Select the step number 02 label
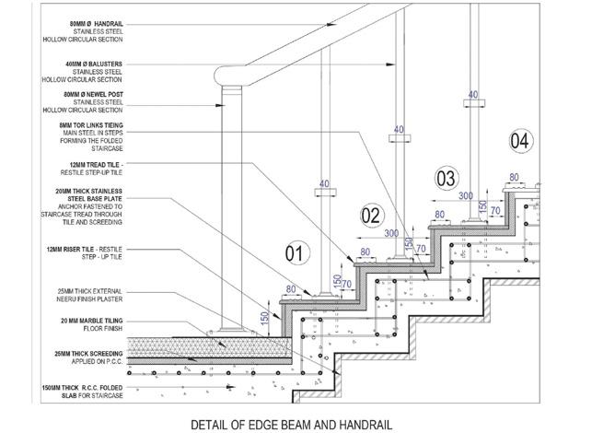[370, 216]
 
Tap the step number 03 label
[446, 178]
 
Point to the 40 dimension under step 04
[473, 94]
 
